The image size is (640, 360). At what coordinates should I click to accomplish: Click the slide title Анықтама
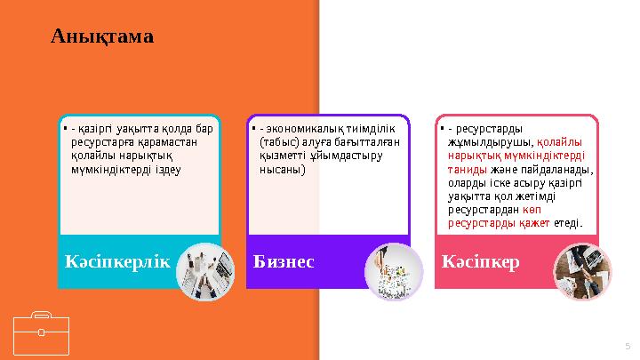click(x=102, y=36)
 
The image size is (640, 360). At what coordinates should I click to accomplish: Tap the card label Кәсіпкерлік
click(x=116, y=261)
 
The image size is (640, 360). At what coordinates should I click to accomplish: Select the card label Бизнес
click(x=285, y=262)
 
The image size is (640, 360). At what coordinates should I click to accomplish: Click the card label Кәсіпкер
click(x=481, y=263)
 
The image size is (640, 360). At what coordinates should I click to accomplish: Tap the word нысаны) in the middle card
click(x=282, y=169)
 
